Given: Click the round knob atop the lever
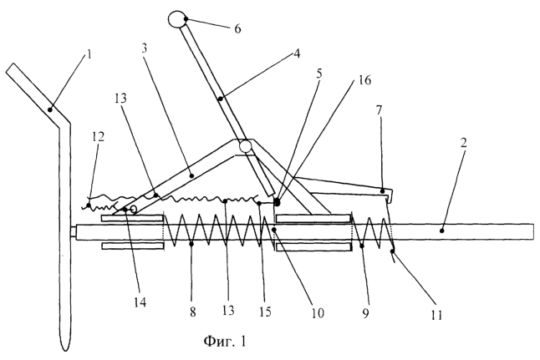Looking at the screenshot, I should click(179, 18).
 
